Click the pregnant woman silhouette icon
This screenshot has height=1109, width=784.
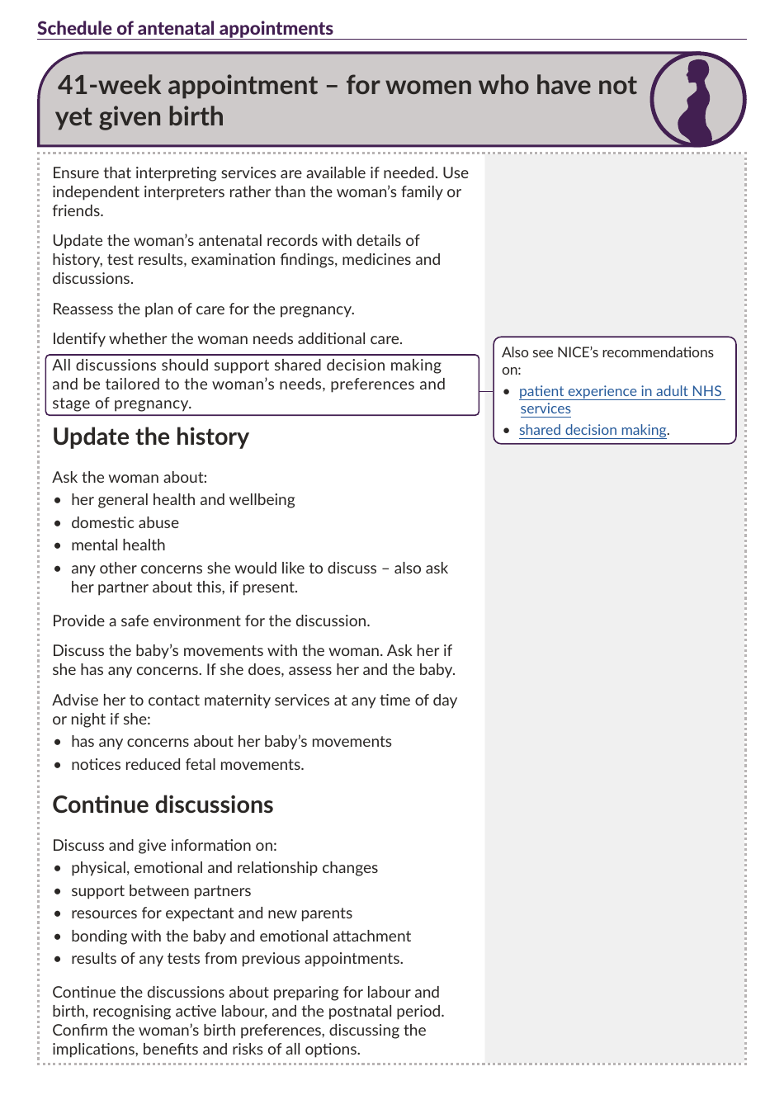coord(697,100)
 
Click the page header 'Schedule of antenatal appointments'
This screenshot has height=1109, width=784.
coord(185,28)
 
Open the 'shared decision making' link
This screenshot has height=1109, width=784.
coord(592,430)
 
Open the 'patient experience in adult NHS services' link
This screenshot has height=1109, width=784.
coord(620,392)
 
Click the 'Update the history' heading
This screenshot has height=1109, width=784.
coord(150,437)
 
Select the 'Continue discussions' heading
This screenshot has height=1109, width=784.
coord(163,805)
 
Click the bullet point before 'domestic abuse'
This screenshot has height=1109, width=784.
coord(58,523)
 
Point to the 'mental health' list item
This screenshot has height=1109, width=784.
coord(118,545)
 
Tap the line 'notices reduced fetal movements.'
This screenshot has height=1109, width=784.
coord(187,765)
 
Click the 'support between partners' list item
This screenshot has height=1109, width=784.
coord(161,891)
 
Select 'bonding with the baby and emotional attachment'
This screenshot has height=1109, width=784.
coord(241,937)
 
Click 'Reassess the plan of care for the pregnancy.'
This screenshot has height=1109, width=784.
coord(203,309)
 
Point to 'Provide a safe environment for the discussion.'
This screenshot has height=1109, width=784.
coord(211,621)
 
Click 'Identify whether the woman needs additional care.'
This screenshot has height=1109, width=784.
coord(227,339)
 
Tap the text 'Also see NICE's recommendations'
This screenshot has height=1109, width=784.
coord(607,352)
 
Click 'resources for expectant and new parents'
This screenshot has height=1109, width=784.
coord(211,913)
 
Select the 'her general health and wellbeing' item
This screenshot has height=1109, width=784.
coord(182,500)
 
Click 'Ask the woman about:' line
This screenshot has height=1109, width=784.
coord(130,478)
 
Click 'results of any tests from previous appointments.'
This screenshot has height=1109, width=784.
coord(237,959)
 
